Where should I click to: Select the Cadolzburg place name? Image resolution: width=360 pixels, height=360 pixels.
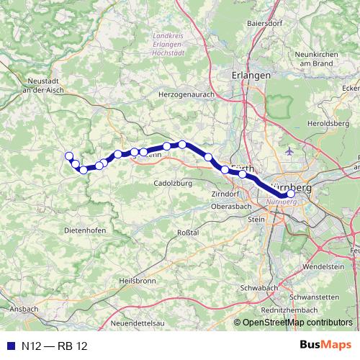click(x=171, y=184)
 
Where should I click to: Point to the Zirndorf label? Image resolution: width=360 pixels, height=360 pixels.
click(x=225, y=194)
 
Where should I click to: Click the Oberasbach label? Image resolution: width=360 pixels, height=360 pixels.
click(x=230, y=206)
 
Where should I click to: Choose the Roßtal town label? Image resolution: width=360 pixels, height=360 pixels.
click(x=187, y=233)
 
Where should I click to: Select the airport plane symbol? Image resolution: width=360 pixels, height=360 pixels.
click(x=289, y=152)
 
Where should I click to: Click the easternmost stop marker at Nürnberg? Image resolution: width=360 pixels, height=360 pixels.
click(x=291, y=193)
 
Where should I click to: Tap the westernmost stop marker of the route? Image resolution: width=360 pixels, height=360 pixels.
click(x=69, y=156)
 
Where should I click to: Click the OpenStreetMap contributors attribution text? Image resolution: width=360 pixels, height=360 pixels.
click(x=296, y=322)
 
